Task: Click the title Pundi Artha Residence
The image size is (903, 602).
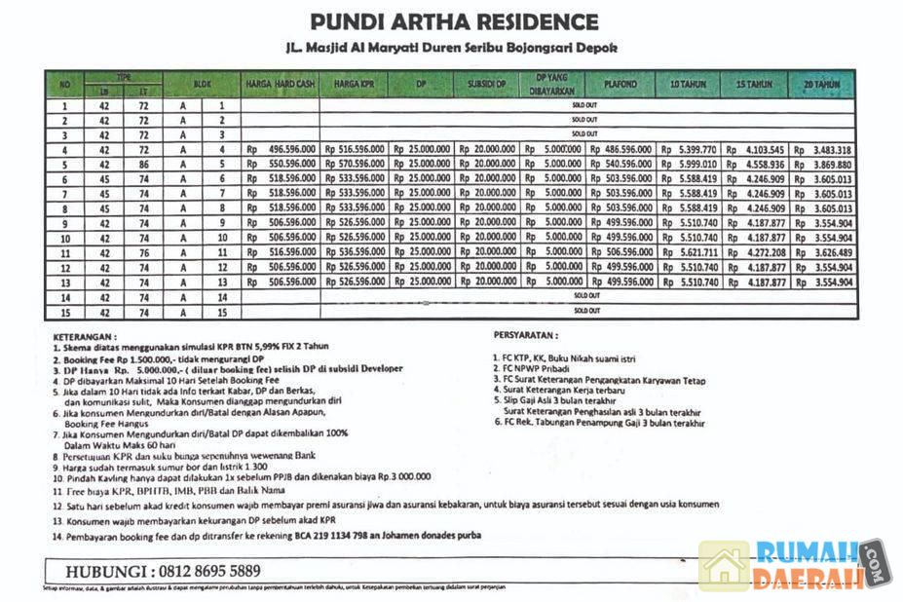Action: pyautogui.click(x=453, y=20)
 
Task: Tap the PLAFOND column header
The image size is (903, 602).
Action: pyautogui.click(x=620, y=85)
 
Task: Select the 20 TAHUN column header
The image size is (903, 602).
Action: pyautogui.click(x=821, y=85)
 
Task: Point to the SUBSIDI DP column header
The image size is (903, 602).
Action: pyautogui.click(x=488, y=85)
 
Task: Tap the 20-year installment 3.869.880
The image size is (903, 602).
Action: pyautogui.click(x=829, y=165)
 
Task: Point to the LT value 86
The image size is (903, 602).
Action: pyautogui.click(x=143, y=165)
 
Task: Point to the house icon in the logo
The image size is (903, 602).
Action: pyautogui.click(x=724, y=567)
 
